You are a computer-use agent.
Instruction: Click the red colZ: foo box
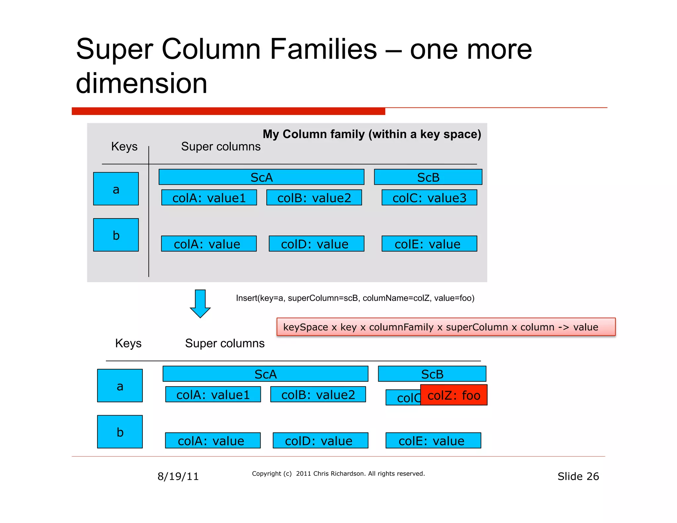454,395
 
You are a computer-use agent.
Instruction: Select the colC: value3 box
429,198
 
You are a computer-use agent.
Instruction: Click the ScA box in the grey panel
261,177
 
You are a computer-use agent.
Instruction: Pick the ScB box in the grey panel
428,177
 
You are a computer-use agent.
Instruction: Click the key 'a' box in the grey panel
116,189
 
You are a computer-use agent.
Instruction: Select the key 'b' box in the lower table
120,432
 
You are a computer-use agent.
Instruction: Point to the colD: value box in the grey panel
316,244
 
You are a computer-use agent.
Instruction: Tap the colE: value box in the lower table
433,440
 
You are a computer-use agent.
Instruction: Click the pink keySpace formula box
446,327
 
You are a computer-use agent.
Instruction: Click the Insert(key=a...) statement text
355,298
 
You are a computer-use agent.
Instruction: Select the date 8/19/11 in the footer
178,476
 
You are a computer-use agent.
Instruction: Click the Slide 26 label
578,476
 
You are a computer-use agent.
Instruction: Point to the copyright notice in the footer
338,474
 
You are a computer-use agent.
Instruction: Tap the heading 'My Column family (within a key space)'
372,134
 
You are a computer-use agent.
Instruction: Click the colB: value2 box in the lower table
318,394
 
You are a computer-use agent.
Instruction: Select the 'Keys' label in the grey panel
124,146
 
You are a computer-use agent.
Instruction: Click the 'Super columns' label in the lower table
225,343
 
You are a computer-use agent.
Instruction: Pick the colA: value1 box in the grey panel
209,198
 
